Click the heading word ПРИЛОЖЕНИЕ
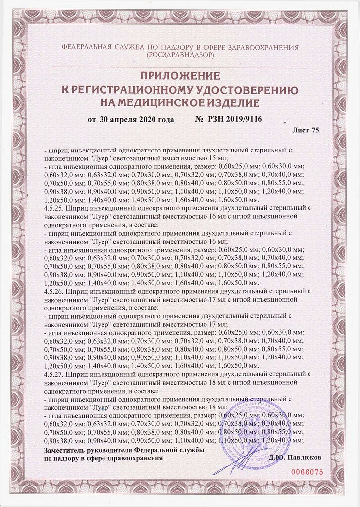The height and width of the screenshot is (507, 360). [x=180, y=76]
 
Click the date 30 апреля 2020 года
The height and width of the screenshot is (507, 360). [x=137, y=119]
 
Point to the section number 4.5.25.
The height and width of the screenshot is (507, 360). [x=56, y=208]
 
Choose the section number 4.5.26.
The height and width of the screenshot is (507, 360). [x=56, y=291]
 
